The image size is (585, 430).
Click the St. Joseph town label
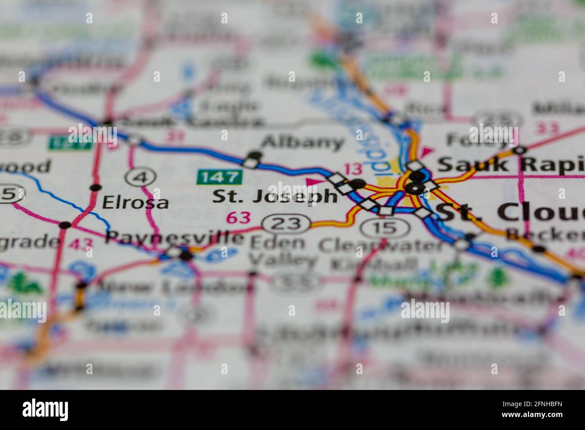click(x=274, y=197)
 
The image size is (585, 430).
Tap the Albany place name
click(x=302, y=143)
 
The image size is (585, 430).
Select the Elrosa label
click(x=135, y=203)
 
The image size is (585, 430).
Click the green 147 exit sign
click(x=219, y=177)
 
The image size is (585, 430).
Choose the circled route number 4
click(x=141, y=177)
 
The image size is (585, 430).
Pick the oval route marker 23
click(x=287, y=223)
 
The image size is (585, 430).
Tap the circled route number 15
click(x=386, y=228)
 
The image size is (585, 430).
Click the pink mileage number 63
click(x=238, y=218)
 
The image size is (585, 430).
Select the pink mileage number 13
click(x=353, y=169)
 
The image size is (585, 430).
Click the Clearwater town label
click(x=381, y=246)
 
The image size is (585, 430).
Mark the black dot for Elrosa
click(x=95, y=188)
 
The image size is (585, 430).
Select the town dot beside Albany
click(x=255, y=155)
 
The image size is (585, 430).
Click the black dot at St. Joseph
click(x=358, y=184)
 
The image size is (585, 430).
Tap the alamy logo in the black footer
click(x=45, y=410)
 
